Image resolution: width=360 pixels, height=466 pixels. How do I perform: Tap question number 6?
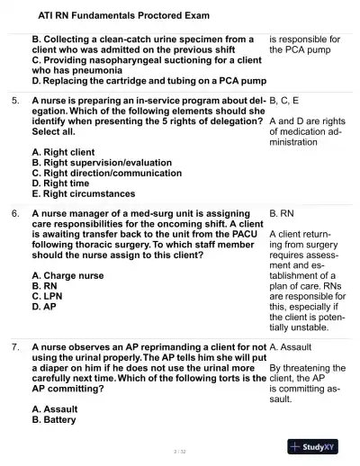[15, 214]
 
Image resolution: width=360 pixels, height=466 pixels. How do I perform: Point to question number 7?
[15, 346]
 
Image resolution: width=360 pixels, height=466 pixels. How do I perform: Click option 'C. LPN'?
[50, 296]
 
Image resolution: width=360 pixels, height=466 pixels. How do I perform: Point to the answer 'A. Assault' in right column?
[291, 346]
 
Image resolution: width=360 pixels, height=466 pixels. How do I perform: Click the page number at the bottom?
[180, 451]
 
